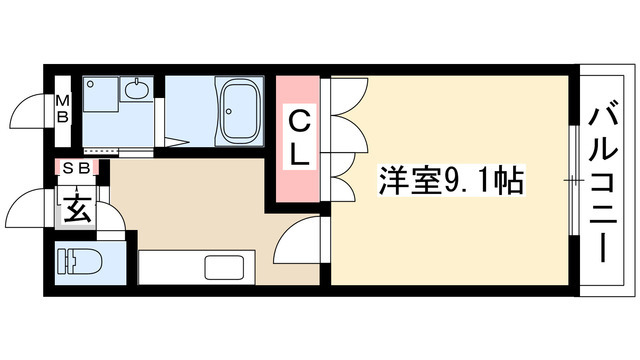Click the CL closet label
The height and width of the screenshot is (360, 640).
click(x=299, y=139)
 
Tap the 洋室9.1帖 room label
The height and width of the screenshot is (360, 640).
click(x=451, y=180)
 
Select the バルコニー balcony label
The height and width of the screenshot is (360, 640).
click(x=602, y=181)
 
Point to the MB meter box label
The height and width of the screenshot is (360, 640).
click(x=63, y=109)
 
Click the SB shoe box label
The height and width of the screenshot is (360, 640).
click(x=77, y=168)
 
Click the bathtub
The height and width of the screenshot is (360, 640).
click(x=240, y=111)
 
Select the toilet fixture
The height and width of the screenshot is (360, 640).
click(x=81, y=262)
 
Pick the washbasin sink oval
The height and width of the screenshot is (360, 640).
click(x=136, y=90)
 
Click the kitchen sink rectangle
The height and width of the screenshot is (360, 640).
click(x=224, y=268)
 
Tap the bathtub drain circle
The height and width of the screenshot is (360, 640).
click(x=229, y=111)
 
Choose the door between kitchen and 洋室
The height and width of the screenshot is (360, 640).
click(x=297, y=240)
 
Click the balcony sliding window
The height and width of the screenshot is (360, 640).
click(x=574, y=180)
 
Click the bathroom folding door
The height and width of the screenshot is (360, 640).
click(x=176, y=142)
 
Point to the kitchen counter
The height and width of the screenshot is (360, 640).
click(x=197, y=267)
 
